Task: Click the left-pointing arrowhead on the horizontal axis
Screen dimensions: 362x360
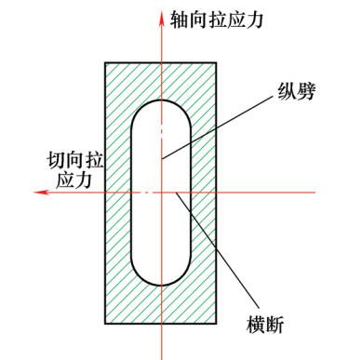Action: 37,192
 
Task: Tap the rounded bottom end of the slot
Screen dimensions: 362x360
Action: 162,282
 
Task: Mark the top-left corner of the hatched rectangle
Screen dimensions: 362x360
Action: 105,61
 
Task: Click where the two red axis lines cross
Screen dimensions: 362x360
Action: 162,192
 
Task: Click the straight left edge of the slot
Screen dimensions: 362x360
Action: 131,192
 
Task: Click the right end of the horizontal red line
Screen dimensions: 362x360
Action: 314,192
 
